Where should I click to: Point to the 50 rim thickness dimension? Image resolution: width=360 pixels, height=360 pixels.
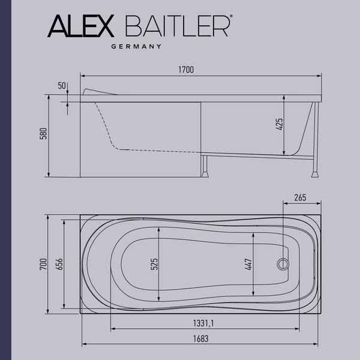pos(62,86)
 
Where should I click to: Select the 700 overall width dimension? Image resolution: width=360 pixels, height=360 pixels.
pos(43,265)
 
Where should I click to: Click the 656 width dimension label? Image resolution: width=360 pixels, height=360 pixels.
pos(58,265)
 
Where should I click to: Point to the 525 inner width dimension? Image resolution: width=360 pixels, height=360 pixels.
pos(154,263)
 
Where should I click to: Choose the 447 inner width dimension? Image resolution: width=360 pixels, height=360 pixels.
pos(248,263)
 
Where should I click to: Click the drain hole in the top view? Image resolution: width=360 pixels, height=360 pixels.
pos(281,263)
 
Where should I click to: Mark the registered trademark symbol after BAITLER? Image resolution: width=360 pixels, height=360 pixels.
pos(231,19)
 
